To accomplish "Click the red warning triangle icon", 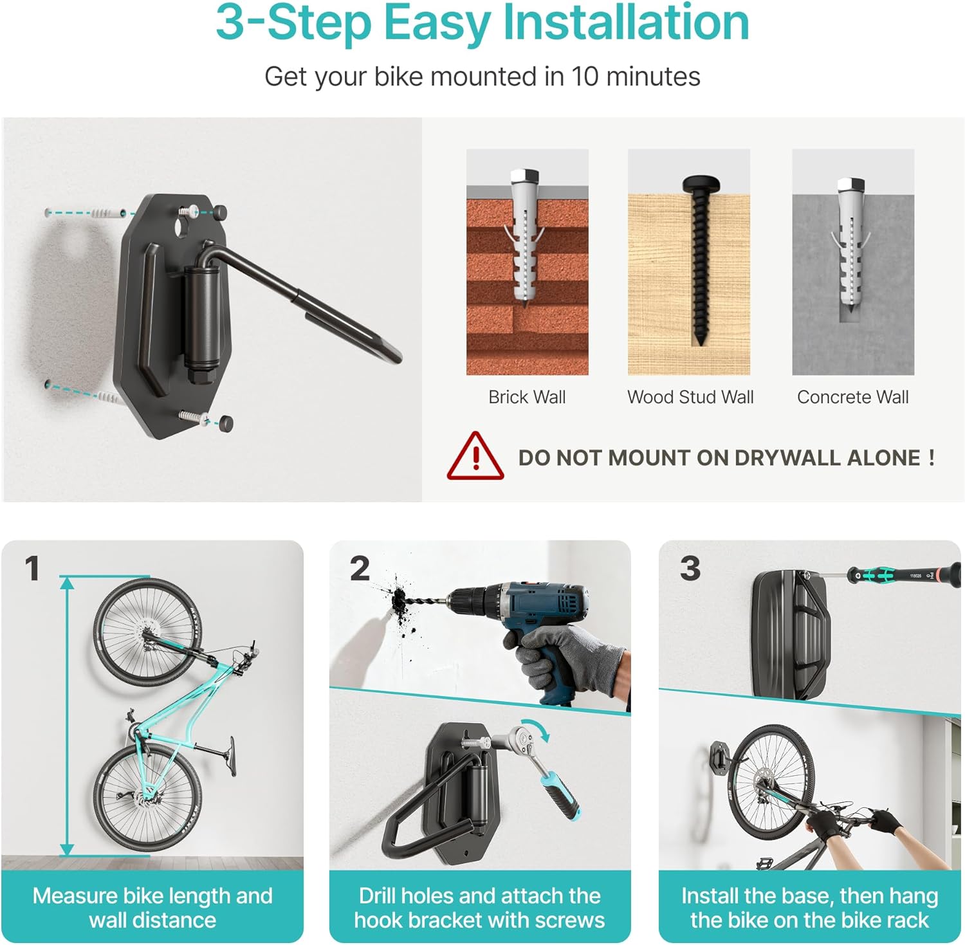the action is tap(475, 456).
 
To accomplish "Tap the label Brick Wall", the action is tap(527, 397).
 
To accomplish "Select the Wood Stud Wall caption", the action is tap(690, 397).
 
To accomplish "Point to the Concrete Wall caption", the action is tap(853, 397).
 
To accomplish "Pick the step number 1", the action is tap(32, 569).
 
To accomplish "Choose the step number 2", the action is tap(360, 569).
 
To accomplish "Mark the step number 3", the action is tap(690, 569).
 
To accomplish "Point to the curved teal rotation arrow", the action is tap(538, 729).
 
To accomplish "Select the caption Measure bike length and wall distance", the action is tap(152, 908).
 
